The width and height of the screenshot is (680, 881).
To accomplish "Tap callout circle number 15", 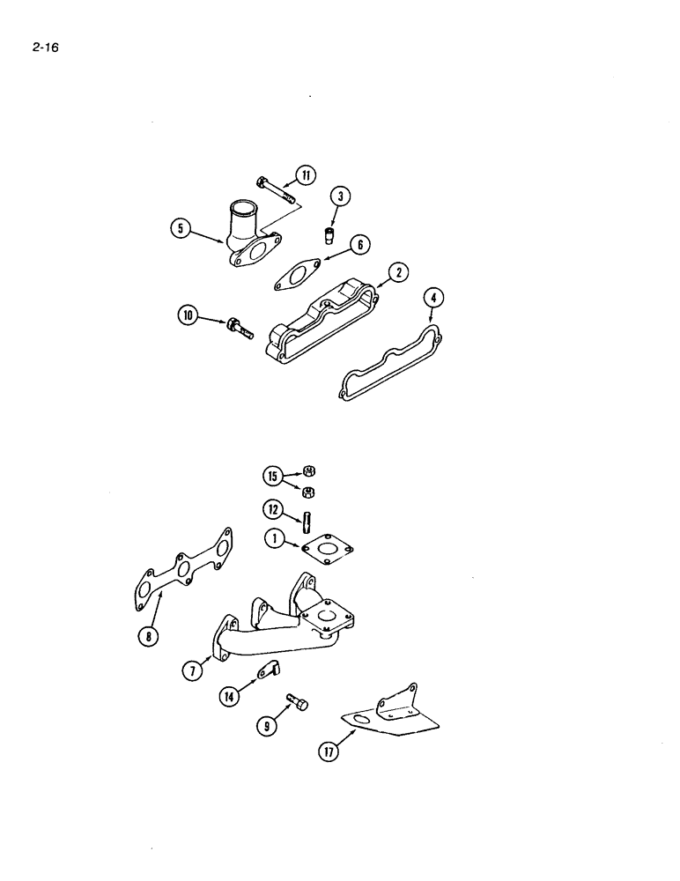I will [274, 476].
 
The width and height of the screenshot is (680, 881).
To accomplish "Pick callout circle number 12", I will [274, 508].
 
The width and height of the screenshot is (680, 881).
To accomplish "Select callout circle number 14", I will [231, 697].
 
